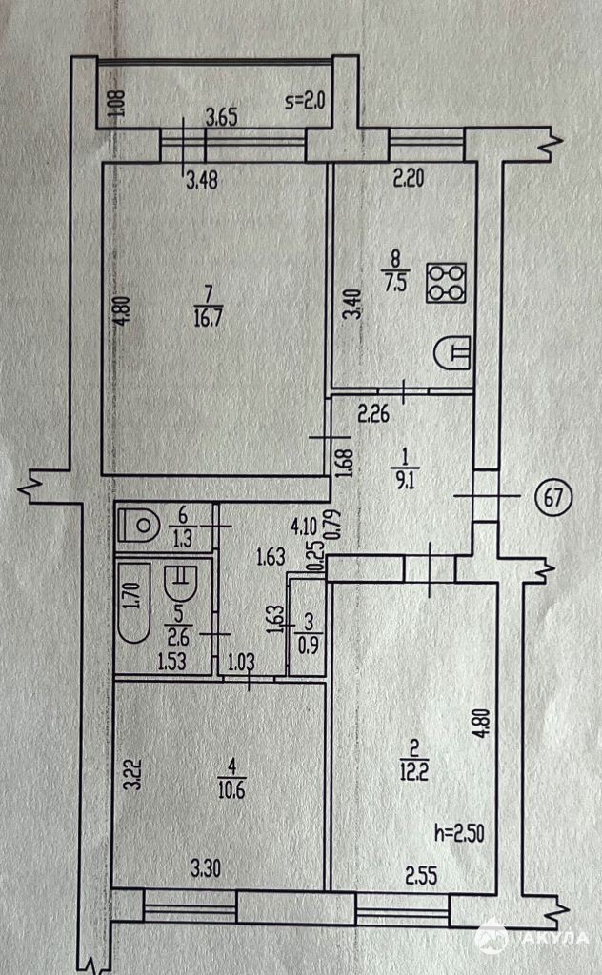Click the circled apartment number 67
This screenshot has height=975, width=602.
pos(552,496)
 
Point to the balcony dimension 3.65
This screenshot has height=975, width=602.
pos(222,119)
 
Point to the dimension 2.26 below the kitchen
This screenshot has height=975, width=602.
pos(375,414)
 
